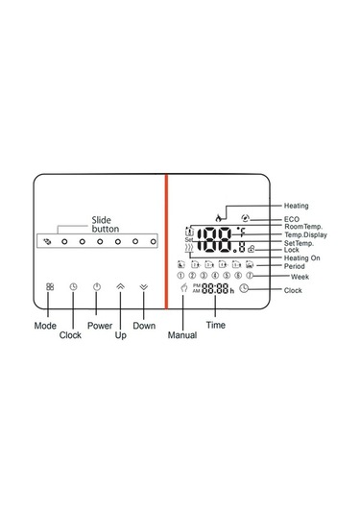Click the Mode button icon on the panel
pyautogui.click(x=50, y=286)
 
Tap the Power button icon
pyautogui.click(x=97, y=286)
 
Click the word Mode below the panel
pyautogui.click(x=45, y=326)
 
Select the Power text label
pyautogui.click(x=100, y=326)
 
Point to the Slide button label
pyautogui.click(x=107, y=225)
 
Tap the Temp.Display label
pyautogui.click(x=306, y=234)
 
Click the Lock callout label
pyautogui.click(x=292, y=251)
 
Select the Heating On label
pyautogui.click(x=302, y=258)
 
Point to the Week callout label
pyautogui.click(x=300, y=277)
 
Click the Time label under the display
pyautogui.click(x=216, y=327)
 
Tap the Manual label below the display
pyautogui.click(x=182, y=335)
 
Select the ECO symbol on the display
pyautogui.click(x=246, y=220)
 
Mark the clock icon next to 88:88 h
pyautogui.click(x=244, y=288)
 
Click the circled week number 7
pyautogui.click(x=249, y=276)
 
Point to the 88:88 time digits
pyautogui.click(x=215, y=288)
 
